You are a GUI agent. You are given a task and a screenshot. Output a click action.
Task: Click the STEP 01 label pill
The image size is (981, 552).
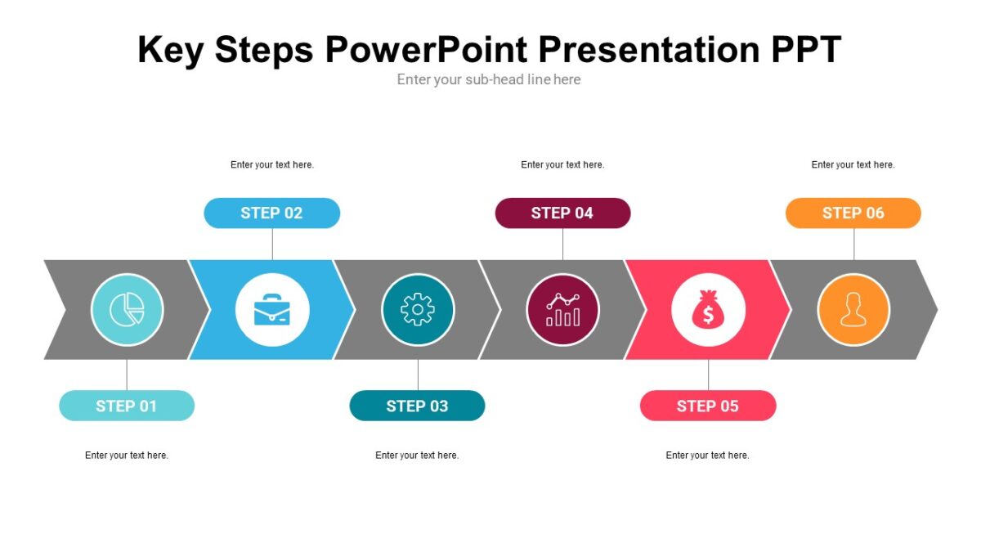(x=127, y=406)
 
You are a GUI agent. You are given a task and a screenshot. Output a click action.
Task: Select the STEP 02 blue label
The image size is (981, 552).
(x=271, y=213)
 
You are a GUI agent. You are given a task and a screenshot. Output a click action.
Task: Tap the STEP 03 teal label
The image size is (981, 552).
(x=417, y=406)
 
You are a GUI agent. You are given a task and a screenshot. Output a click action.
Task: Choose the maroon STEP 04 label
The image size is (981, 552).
(x=562, y=213)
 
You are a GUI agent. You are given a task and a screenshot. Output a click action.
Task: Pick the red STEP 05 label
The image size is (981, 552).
(x=708, y=406)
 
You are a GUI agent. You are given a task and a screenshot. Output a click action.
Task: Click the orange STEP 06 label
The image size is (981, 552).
(x=853, y=213)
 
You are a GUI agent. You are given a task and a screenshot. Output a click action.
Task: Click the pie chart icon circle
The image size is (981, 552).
(x=127, y=310)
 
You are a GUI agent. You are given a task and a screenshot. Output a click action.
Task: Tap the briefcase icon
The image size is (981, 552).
(x=272, y=310)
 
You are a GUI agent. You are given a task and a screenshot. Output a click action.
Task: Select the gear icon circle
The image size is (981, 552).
(x=418, y=310)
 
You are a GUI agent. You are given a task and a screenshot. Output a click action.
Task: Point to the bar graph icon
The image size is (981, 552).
(x=562, y=310)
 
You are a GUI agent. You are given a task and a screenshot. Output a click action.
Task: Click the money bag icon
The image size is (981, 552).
(x=708, y=310)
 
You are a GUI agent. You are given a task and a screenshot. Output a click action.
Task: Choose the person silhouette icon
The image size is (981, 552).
(x=853, y=310)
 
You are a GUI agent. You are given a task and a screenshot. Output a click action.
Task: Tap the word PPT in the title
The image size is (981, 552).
(x=806, y=50)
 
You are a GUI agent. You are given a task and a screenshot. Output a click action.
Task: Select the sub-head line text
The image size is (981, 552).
(x=489, y=79)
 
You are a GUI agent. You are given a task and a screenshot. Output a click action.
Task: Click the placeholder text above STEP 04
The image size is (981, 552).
(x=562, y=164)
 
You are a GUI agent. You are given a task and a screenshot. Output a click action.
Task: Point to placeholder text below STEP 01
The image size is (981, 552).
(x=127, y=456)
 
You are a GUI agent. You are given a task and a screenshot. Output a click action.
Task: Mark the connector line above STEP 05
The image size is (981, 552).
(x=708, y=375)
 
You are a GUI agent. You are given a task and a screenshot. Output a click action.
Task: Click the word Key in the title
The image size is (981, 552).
(x=169, y=50)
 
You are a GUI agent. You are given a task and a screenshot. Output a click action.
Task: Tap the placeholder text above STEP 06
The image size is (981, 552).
(x=853, y=164)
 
